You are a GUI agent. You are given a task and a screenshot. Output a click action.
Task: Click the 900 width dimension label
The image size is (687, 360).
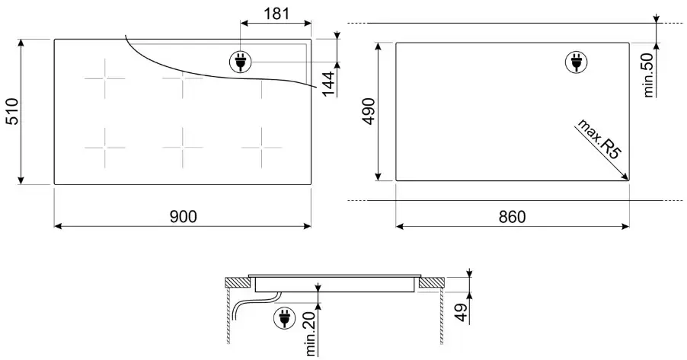click(x=183, y=216)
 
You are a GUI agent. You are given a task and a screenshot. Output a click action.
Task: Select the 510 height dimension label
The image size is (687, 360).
click(x=13, y=112)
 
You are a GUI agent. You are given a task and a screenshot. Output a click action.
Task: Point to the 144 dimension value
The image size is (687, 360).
click(x=328, y=83)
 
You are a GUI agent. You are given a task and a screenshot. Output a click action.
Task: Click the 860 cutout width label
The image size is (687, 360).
click(x=512, y=216)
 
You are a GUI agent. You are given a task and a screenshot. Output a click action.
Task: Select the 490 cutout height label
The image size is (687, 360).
click(x=369, y=111)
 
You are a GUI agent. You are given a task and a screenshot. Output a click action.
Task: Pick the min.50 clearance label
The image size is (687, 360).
click(x=648, y=75)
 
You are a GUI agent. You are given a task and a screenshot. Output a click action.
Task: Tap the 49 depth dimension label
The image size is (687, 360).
click(x=462, y=312)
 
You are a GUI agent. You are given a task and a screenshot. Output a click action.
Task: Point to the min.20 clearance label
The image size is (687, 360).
click(x=311, y=333)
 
